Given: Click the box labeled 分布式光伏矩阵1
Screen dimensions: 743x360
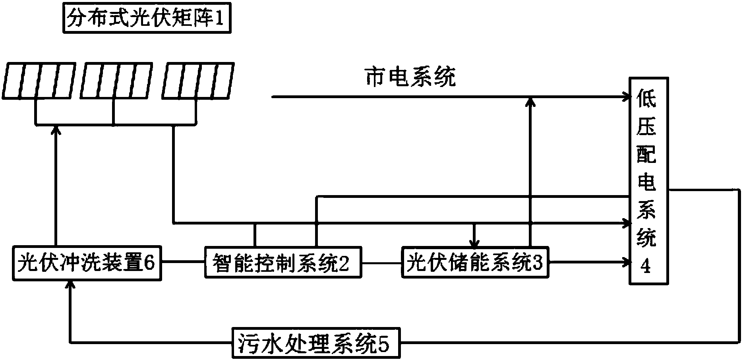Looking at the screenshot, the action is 147,19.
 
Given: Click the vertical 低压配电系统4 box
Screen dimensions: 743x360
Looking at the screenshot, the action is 648,181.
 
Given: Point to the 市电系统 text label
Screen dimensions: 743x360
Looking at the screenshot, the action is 410,77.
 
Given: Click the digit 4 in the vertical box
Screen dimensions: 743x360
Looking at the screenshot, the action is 647,267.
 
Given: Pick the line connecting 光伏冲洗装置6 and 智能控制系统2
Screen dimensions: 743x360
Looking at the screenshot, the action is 183,262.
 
